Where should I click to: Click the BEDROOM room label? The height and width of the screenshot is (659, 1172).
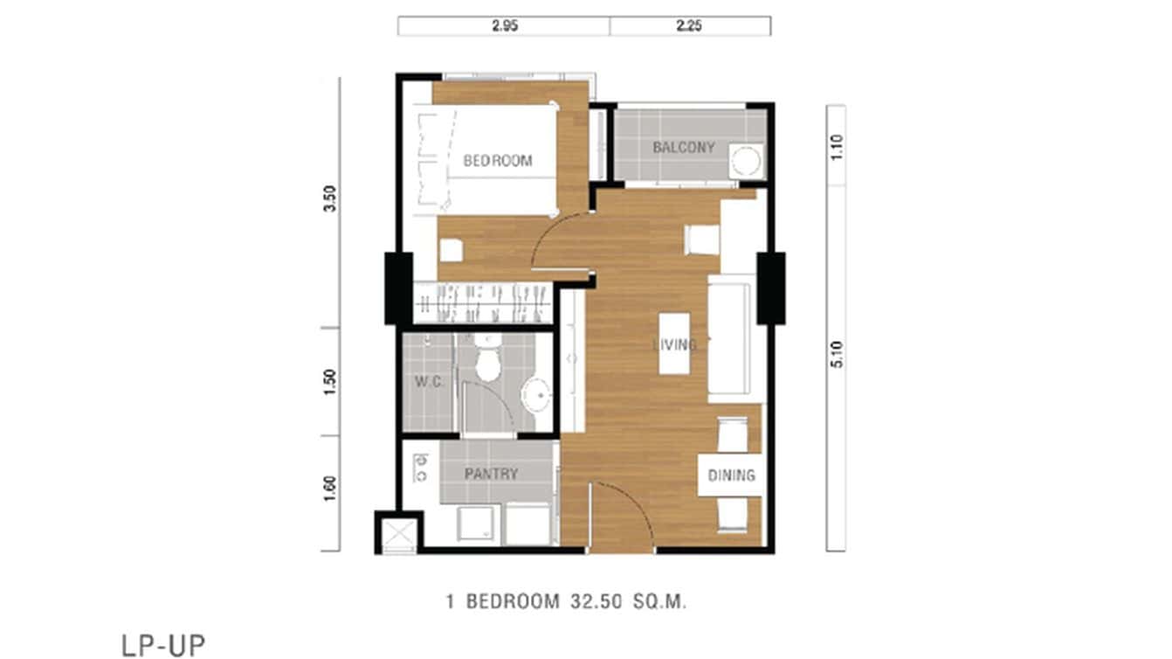[x=497, y=161]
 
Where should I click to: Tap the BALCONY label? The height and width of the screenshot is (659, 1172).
[x=683, y=148]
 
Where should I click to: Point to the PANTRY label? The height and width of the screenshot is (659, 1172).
[x=491, y=475]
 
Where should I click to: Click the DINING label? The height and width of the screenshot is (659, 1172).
[x=731, y=475]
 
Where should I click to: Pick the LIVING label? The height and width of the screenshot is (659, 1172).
[x=674, y=344]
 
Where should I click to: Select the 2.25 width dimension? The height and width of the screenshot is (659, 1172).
[x=689, y=26]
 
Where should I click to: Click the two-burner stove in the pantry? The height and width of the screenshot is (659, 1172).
[x=420, y=468]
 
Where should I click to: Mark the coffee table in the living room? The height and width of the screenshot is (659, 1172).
[x=674, y=343]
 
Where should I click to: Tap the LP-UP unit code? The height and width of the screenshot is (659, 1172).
[x=163, y=645]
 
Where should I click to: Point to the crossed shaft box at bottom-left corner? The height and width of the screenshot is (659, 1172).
[x=397, y=533]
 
